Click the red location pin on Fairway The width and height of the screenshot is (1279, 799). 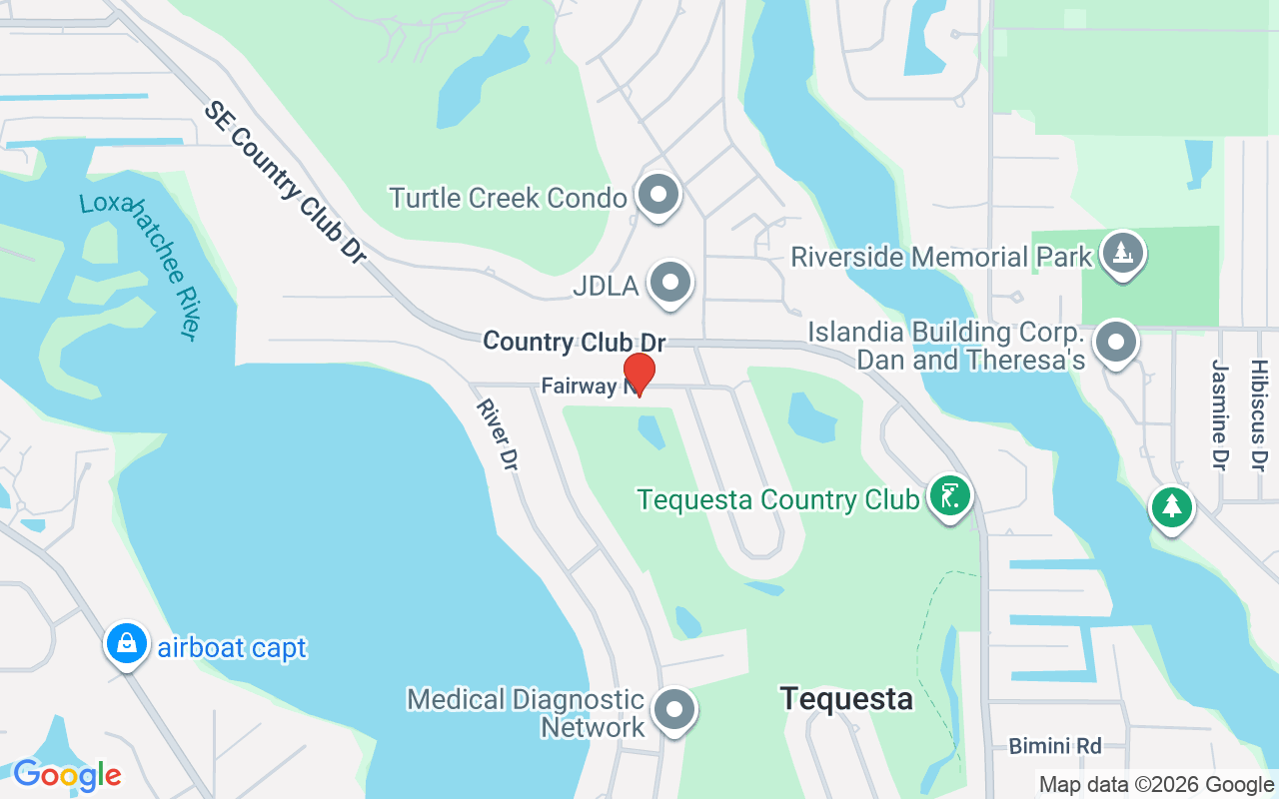(x=639, y=373)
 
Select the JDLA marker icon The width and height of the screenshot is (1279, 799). (x=670, y=284)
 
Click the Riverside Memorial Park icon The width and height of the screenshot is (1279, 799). (x=1122, y=254)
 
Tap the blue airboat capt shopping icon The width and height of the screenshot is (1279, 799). (x=127, y=644)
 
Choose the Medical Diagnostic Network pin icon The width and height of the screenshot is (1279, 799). (x=673, y=710)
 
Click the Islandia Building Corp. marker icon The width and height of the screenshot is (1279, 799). (x=1115, y=343)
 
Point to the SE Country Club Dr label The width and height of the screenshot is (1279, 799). (x=285, y=182)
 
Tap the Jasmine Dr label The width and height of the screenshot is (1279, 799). (x=1218, y=414)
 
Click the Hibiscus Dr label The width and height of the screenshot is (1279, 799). (x=1258, y=414)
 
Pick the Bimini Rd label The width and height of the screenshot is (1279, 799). (x=1054, y=746)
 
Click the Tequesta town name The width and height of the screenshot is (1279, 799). (x=846, y=698)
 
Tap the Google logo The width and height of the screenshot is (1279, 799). (x=67, y=775)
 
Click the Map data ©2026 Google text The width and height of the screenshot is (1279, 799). (x=1156, y=785)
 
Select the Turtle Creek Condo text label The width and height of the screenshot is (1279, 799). (x=508, y=198)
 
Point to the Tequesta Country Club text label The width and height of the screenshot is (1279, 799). (x=778, y=499)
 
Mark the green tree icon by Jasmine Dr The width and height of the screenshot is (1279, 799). (x=1171, y=506)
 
